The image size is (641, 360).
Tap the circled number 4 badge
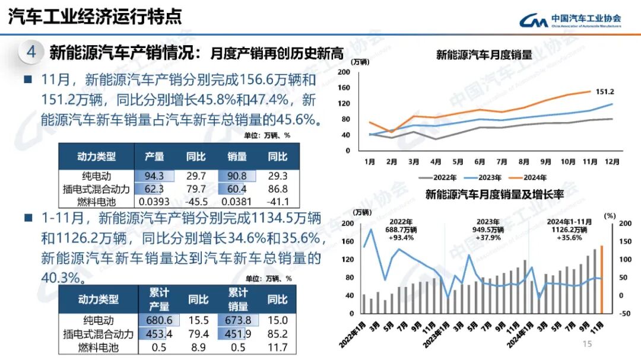coord(31,52)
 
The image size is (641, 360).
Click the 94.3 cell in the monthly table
coord(154,176)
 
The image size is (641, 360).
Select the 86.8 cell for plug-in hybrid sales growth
coord(277,189)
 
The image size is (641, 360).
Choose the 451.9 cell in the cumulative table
coord(239,334)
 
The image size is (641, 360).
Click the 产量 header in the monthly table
coord(154,157)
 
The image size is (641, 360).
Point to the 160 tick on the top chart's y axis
coord(344,87)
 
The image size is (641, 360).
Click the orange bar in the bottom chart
coord(602,279)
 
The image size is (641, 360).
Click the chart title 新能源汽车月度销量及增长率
coord(494,194)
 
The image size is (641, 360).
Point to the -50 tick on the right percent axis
coord(624,314)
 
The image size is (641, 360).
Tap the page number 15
coord(588,345)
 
